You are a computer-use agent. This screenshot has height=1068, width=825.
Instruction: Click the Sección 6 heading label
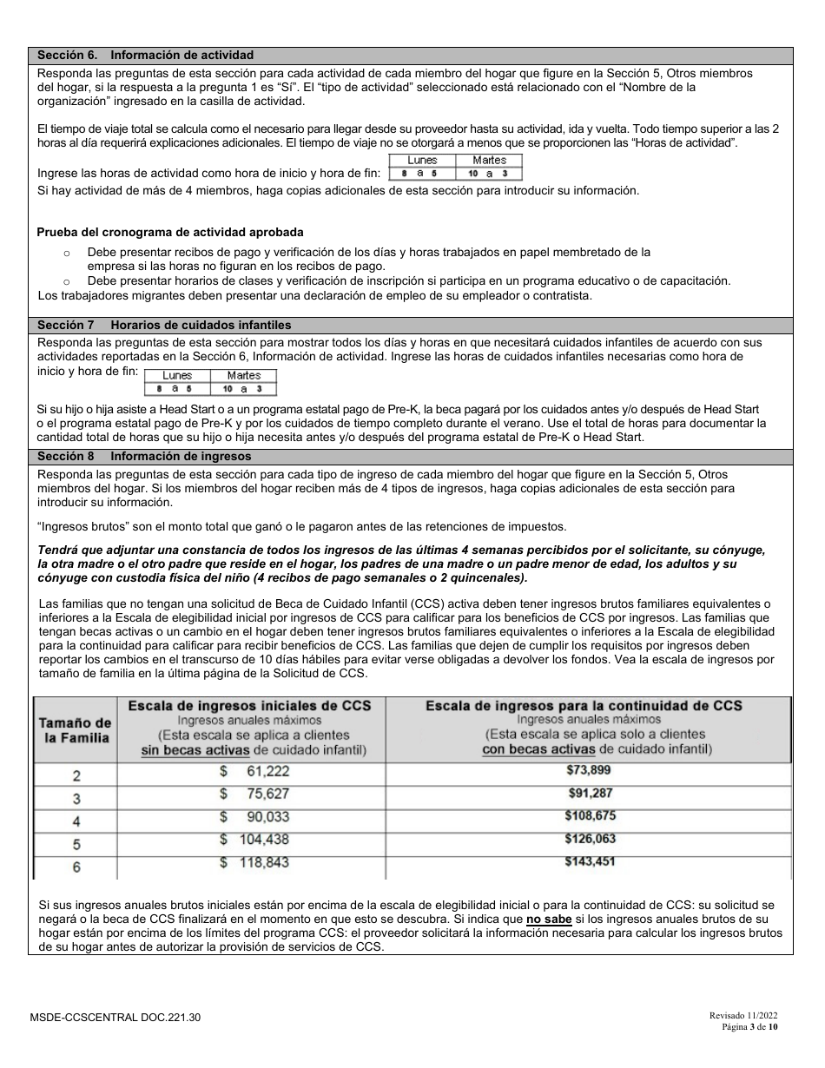pyautogui.click(x=145, y=55)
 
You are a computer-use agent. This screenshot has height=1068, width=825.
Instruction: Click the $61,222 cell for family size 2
pyautogui.click(x=254, y=771)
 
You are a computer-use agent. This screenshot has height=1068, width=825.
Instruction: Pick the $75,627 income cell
pyautogui.click(x=254, y=794)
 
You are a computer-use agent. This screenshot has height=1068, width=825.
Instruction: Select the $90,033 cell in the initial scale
pyautogui.click(x=254, y=817)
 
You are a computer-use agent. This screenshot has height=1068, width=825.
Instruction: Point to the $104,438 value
pyautogui.click(x=254, y=840)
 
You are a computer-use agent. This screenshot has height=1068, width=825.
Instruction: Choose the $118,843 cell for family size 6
pyautogui.click(x=254, y=862)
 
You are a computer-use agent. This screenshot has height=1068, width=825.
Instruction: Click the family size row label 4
pyautogui.click(x=76, y=821)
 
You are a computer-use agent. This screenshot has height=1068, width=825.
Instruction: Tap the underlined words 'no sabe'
pyautogui.click(x=549, y=919)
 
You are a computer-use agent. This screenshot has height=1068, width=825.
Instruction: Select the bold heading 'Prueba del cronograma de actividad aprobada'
pyautogui.click(x=170, y=233)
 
